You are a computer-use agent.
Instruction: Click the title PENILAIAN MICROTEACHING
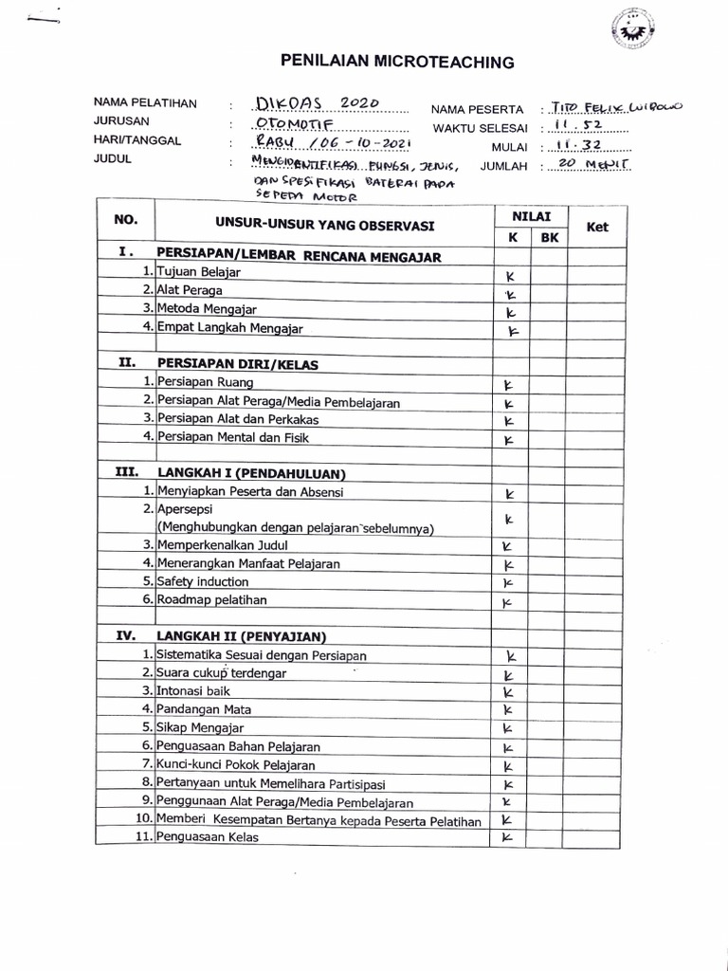(397, 63)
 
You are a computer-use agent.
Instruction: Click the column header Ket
(597, 228)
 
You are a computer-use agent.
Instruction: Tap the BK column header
(550, 238)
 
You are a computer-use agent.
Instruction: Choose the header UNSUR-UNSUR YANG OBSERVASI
(323, 227)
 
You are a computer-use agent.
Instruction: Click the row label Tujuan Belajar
(199, 273)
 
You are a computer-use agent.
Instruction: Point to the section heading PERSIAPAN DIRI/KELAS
(238, 363)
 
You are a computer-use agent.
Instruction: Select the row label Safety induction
(204, 581)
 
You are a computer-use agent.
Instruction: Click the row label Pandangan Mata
(204, 709)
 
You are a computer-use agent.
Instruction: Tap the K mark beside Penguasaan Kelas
(507, 837)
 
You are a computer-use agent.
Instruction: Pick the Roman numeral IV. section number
(127, 636)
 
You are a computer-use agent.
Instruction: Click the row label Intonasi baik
(193, 691)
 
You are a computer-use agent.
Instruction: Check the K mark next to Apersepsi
(509, 519)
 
